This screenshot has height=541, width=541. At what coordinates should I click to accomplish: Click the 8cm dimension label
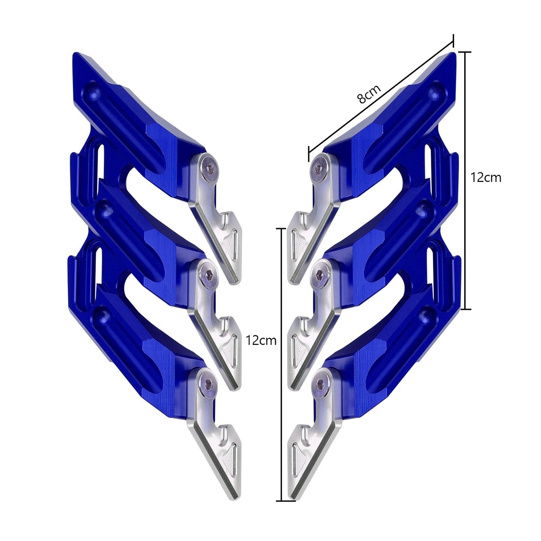[369, 94]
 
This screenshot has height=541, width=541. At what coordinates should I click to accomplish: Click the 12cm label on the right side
[486, 177]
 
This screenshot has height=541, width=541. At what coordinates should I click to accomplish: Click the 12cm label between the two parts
[261, 340]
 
